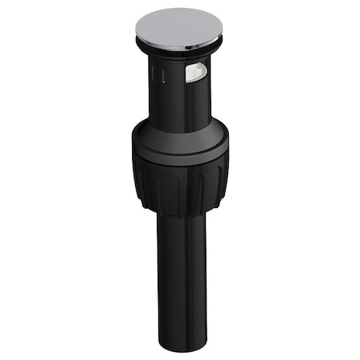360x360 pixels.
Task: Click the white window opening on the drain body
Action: [195, 74]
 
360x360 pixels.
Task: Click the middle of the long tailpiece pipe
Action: [182, 280]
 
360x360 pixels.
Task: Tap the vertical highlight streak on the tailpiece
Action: [192, 280]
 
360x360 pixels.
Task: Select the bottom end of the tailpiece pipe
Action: [183, 344]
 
